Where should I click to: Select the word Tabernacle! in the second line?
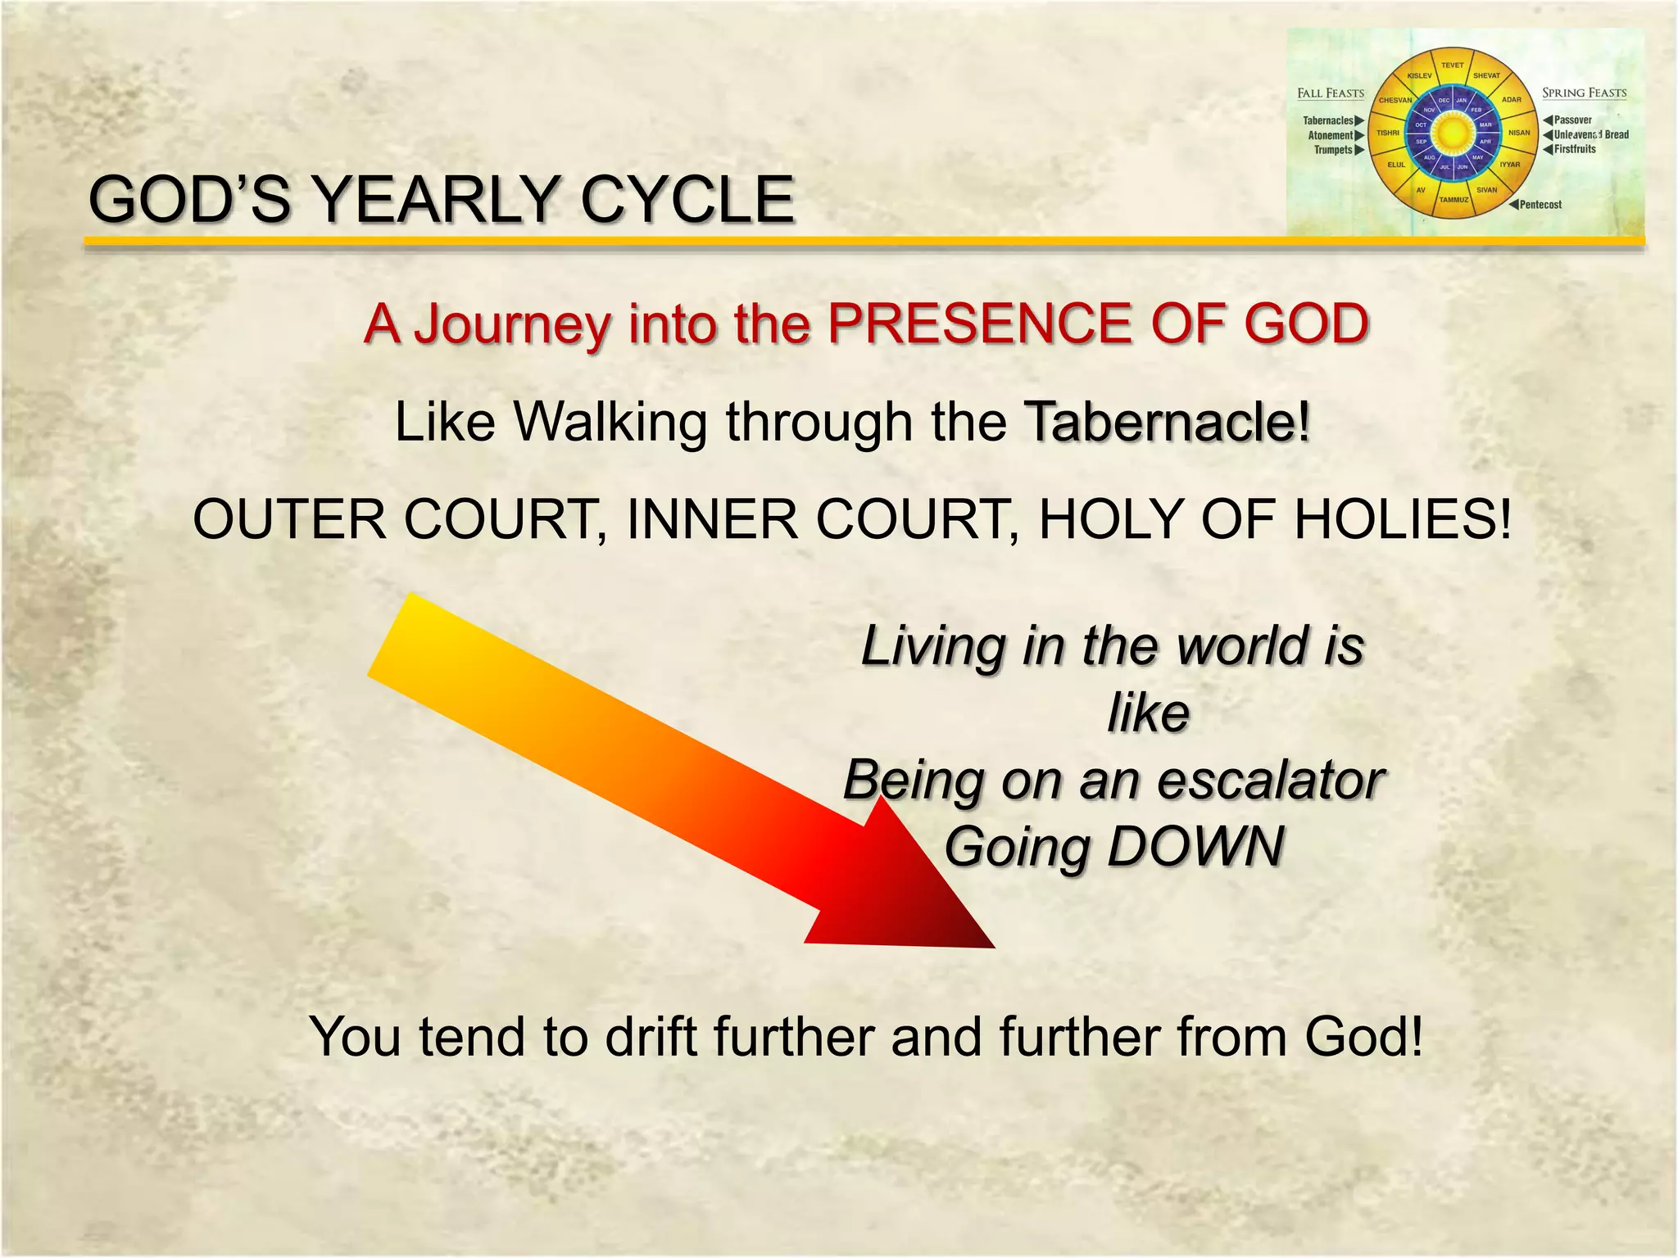click(x=1168, y=423)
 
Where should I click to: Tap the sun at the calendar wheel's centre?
click(x=1453, y=133)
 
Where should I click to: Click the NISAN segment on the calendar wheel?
click(x=1519, y=133)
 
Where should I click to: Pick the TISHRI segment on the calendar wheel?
click(x=1388, y=133)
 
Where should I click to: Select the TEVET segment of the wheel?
click(x=1453, y=66)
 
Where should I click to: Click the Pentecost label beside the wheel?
click(x=1540, y=205)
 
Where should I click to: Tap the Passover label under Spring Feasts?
click(x=1572, y=120)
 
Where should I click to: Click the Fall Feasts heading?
click(x=1331, y=93)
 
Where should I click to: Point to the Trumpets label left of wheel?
click(x=1334, y=150)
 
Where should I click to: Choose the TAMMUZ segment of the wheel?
click(x=1454, y=200)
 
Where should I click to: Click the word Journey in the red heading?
click(x=512, y=324)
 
